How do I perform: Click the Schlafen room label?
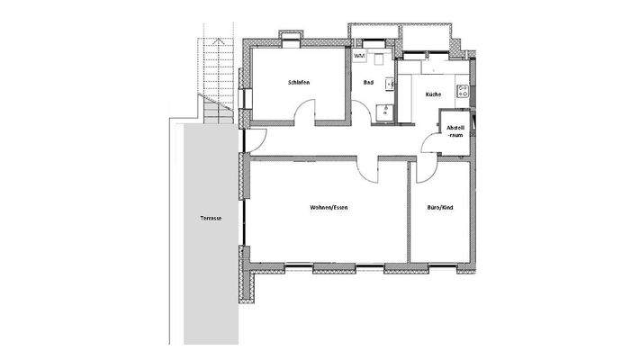(x=300, y=83)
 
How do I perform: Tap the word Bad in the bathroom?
(x=368, y=83)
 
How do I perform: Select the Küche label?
(x=433, y=94)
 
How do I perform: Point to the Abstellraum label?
(x=455, y=131)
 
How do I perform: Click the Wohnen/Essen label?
(x=329, y=208)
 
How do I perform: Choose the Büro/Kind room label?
(x=440, y=208)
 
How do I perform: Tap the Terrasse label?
(x=212, y=219)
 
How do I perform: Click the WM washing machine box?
(x=360, y=57)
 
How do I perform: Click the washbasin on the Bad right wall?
(x=390, y=85)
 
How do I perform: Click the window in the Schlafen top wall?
(x=293, y=39)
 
